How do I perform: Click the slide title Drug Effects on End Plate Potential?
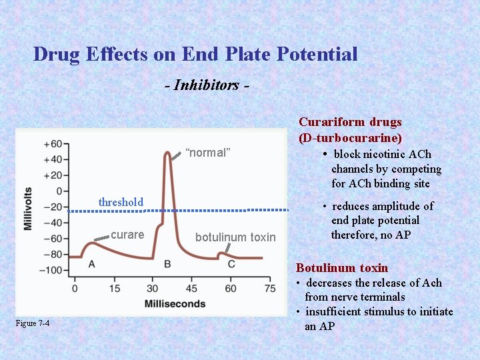click(195, 54)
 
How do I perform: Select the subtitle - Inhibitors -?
click(207, 85)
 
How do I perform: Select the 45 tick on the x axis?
click(191, 289)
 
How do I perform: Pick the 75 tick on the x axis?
click(270, 289)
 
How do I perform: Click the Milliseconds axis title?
click(175, 304)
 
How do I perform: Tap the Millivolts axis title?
click(28, 207)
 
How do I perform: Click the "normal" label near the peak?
click(207, 153)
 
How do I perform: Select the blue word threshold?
click(121, 202)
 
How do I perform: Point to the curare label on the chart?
click(127, 235)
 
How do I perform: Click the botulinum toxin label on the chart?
click(235, 237)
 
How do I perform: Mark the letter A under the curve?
click(91, 264)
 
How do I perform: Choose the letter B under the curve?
click(167, 264)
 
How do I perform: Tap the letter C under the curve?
click(231, 264)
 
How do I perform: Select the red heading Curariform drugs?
click(350, 122)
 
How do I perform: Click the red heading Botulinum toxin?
click(342, 268)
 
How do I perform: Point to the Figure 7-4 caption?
click(33, 323)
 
